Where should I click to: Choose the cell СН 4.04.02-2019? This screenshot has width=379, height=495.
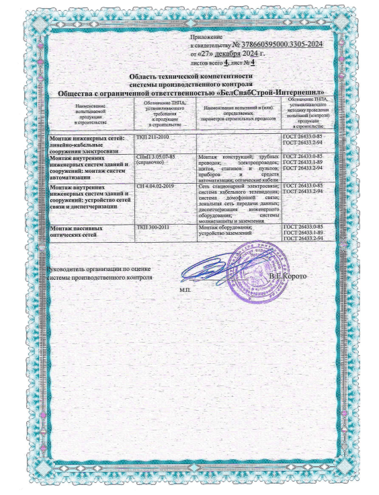(x=155, y=185)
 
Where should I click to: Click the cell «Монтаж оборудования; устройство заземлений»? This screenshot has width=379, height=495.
(x=226, y=231)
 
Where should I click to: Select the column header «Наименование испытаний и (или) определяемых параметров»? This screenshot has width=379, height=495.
(x=238, y=111)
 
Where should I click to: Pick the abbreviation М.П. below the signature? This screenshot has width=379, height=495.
(x=185, y=289)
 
